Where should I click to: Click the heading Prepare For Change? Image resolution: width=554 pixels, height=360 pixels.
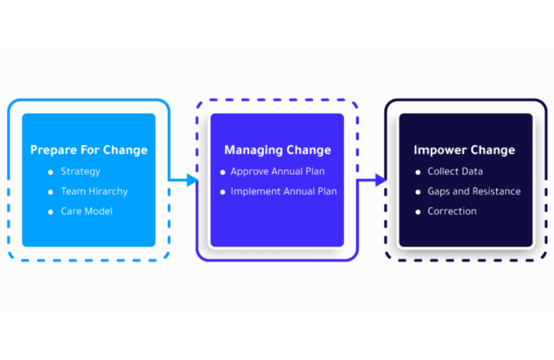[x=88, y=150]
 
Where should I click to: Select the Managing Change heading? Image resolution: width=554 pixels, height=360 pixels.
[x=277, y=150]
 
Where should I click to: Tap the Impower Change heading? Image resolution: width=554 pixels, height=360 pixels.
[x=464, y=150]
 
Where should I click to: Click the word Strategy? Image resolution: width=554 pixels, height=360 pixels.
[x=81, y=171]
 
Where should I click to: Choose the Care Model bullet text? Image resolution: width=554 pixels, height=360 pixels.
[x=86, y=211]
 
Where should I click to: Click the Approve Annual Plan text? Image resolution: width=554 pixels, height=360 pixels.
[x=277, y=171]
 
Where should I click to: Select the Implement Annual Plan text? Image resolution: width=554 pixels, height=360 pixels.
[x=283, y=192]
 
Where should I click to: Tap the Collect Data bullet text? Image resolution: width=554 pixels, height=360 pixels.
[x=455, y=171]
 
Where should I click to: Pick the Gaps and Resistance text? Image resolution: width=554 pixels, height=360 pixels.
[x=473, y=192]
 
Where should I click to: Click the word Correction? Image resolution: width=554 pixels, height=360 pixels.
[x=452, y=211]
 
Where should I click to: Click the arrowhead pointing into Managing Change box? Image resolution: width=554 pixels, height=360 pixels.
[x=192, y=180]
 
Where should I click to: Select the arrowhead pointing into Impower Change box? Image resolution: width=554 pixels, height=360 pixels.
[x=381, y=180]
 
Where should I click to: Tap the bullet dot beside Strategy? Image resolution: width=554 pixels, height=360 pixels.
[x=50, y=172]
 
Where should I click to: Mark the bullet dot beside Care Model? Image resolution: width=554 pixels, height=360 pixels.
[x=50, y=212]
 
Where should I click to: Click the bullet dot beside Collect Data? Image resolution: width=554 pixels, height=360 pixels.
[x=418, y=172]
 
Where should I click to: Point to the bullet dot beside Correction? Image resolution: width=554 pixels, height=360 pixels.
[x=418, y=212]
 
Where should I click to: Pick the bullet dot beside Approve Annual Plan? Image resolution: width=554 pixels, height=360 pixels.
[x=223, y=172]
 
